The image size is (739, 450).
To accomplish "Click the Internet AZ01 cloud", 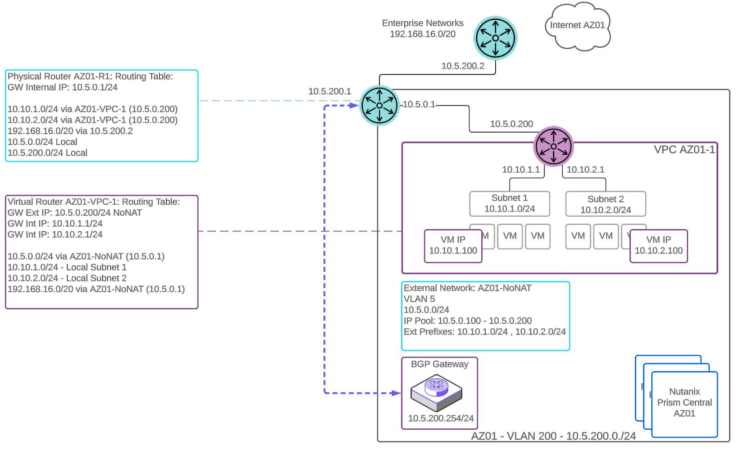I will [x=577, y=26].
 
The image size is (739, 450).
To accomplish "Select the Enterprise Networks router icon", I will [x=495, y=38].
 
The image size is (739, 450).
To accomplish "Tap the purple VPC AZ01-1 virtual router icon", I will [x=553, y=146].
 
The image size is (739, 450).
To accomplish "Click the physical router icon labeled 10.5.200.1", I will [x=379, y=106].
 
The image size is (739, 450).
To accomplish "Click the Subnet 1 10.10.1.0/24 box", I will [x=509, y=204].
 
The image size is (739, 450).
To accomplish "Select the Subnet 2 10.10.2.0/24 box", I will [x=605, y=204].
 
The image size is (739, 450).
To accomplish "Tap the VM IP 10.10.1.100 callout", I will [x=453, y=246].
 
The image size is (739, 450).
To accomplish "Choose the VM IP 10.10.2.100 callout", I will [x=658, y=246].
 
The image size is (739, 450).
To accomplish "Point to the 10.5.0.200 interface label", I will [x=511, y=124].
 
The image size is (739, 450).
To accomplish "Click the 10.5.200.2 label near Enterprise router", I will [x=463, y=66].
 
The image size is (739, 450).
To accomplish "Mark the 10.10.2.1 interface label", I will [x=585, y=170].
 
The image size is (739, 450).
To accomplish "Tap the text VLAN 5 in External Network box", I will [x=419, y=299].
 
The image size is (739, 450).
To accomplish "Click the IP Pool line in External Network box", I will [x=467, y=321].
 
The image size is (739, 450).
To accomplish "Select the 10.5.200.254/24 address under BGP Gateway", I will [x=441, y=418].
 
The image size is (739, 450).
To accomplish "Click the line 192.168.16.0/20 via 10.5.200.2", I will [x=70, y=131].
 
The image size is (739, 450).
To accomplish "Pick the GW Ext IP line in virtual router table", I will [x=75, y=213].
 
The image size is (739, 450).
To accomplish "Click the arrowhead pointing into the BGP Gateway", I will [x=397, y=393].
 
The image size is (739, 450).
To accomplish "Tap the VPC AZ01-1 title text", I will [x=684, y=150].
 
